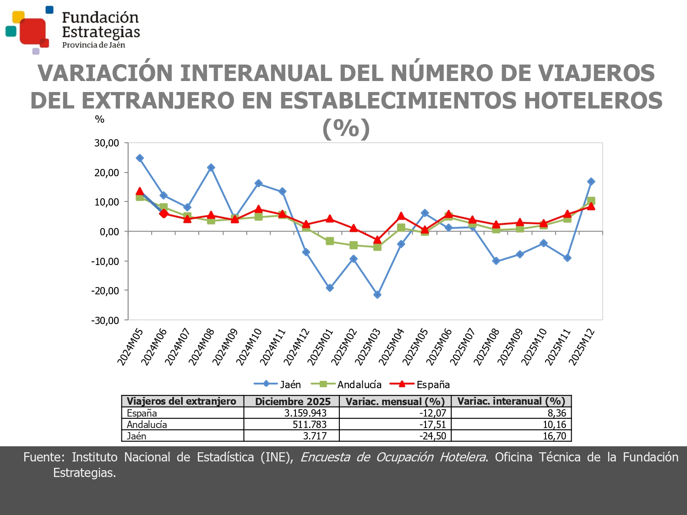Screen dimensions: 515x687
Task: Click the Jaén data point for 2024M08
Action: coord(211,168)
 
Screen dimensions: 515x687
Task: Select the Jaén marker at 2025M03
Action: coord(377,295)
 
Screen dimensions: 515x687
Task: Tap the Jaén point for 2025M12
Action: coord(591,182)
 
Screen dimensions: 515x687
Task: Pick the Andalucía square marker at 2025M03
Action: coord(377,247)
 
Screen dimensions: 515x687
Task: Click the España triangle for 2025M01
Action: coord(330,219)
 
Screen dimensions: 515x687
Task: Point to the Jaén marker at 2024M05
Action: coord(140,158)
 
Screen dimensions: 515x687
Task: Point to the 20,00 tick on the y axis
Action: coord(107,173)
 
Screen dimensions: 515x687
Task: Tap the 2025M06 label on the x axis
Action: coord(439,347)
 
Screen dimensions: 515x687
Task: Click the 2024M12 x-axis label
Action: coord(296,347)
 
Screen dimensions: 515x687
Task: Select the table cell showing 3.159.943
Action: coord(305,413)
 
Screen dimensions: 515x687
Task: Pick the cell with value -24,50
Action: coord(432,436)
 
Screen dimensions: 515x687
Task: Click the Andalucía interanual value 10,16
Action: coord(554,424)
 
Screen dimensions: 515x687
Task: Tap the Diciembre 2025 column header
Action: coord(292,401)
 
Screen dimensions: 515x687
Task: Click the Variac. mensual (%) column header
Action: coord(395,401)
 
